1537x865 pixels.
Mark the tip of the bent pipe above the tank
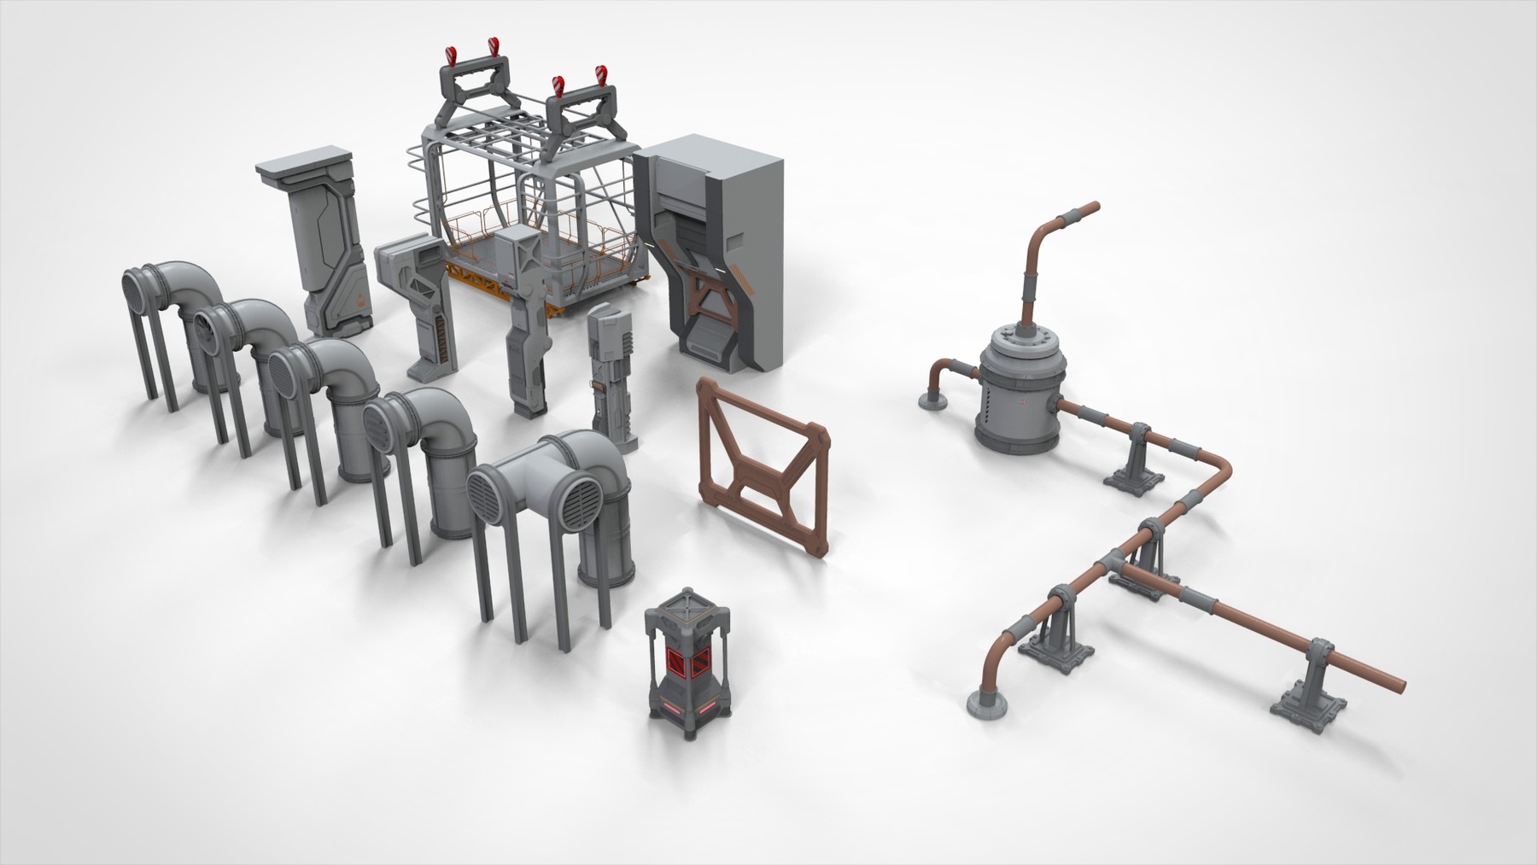click(x=1094, y=207)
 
